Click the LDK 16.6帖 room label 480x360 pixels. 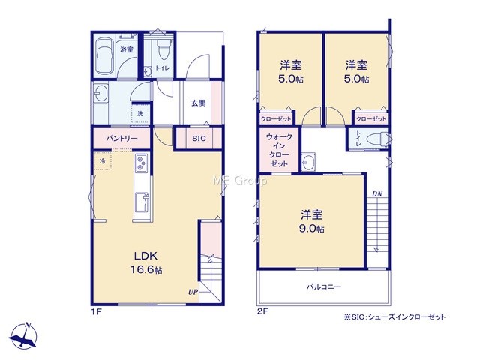pyautogui.click(x=146, y=262)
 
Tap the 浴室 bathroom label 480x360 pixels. pyautogui.click(x=127, y=49)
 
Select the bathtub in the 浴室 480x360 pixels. pyautogui.click(x=103, y=55)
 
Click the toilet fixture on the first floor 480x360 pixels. pyautogui.click(x=163, y=49)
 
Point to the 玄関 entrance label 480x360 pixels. pyautogui.click(x=198, y=103)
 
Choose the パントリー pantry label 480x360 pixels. pyautogui.click(x=121, y=138)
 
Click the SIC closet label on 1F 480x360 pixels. pyautogui.click(x=199, y=139)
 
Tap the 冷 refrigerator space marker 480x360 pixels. pyautogui.click(x=103, y=160)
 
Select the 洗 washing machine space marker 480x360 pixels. pyautogui.click(x=140, y=113)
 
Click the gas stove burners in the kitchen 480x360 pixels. pyautogui.click(x=141, y=163)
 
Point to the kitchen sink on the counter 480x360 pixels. pyautogui.click(x=142, y=202)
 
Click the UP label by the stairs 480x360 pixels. pyautogui.click(x=193, y=292)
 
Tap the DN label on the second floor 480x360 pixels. pyautogui.click(x=377, y=193)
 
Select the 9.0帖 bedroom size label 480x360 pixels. pyautogui.click(x=312, y=229)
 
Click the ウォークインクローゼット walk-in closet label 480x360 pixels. pyautogui.click(x=279, y=150)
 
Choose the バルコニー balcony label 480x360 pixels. pyautogui.click(x=324, y=286)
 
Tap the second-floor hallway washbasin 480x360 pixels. pyautogui.click(x=308, y=162)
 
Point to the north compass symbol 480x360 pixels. pyautogui.click(x=23, y=336)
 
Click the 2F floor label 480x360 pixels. pyautogui.click(x=262, y=312)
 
